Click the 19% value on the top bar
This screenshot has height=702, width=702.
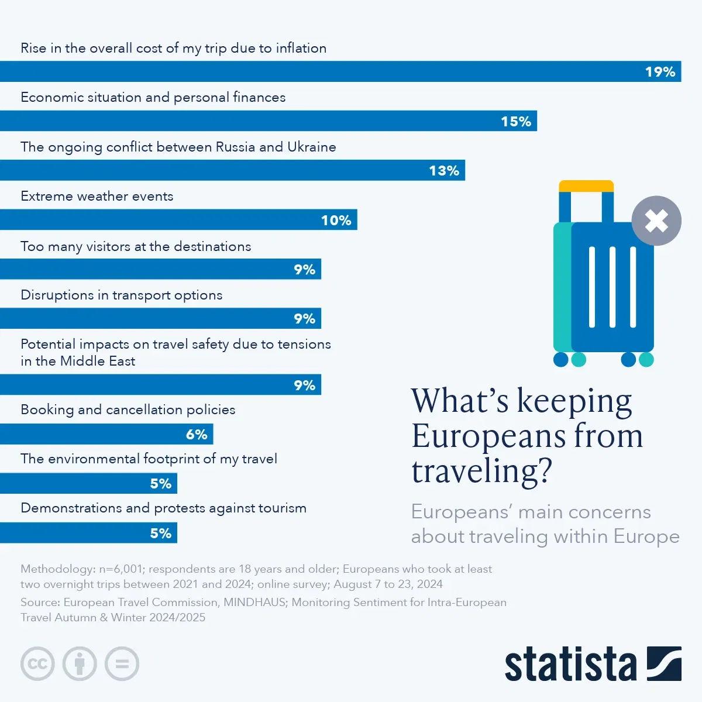point(660,72)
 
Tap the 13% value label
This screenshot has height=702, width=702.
point(443,171)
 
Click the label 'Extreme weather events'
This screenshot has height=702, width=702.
point(97,197)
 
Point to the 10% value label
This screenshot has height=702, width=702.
point(336,221)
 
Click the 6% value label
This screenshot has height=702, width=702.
point(197,435)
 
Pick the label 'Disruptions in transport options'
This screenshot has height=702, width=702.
point(122,295)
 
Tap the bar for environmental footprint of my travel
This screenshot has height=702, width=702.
point(88,484)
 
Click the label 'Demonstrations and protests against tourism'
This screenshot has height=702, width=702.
point(163,508)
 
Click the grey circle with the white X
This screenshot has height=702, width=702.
point(656,221)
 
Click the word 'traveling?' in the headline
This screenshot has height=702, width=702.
point(481,472)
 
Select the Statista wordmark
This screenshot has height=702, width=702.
point(570,665)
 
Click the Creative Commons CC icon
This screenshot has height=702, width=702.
point(37,664)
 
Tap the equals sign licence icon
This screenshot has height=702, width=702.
point(122,664)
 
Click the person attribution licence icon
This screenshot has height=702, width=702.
point(80,664)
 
